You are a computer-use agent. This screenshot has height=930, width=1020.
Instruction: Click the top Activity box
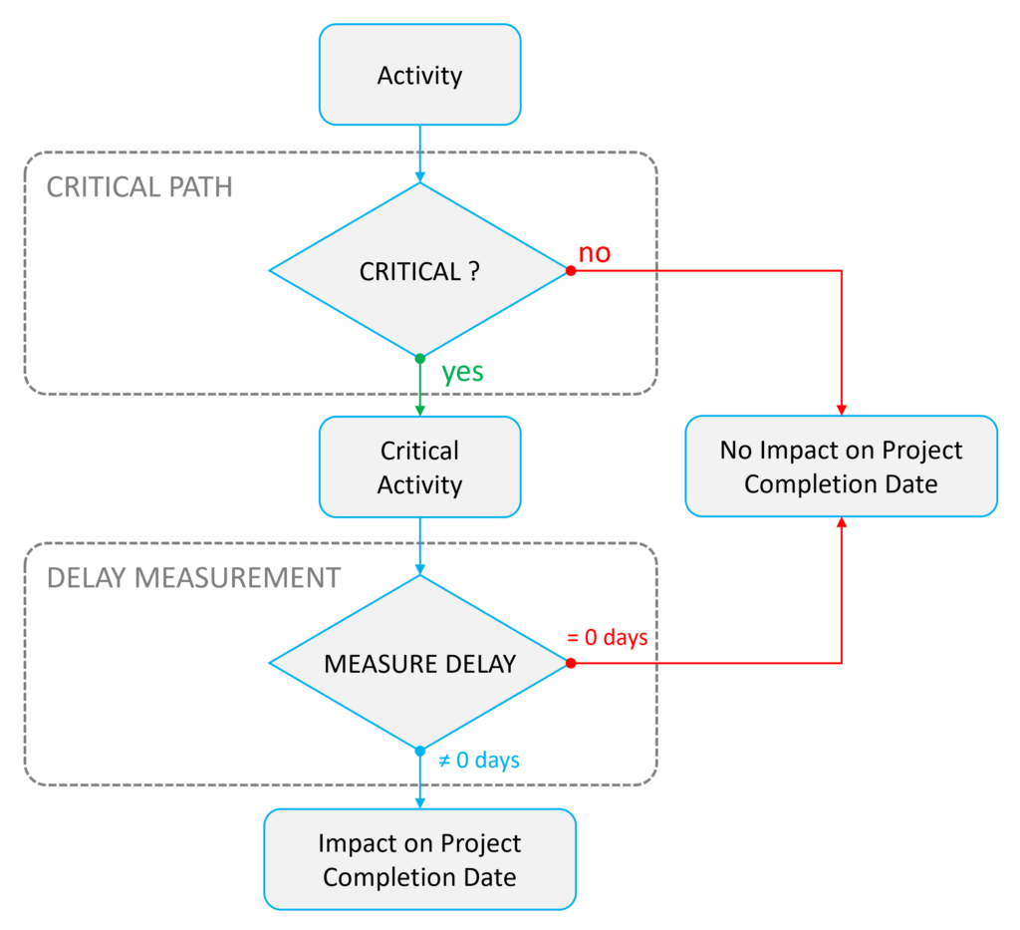[x=419, y=75]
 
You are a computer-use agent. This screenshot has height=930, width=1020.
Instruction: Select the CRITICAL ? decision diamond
[x=419, y=271]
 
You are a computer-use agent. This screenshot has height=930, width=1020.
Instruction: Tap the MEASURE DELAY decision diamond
[x=419, y=663]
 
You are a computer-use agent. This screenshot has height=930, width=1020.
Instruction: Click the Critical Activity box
[x=419, y=467]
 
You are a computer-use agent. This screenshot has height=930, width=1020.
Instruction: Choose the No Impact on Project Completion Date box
[x=841, y=466]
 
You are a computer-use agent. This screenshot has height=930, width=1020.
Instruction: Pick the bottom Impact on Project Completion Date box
[x=419, y=859]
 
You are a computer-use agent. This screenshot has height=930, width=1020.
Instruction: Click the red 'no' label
[x=595, y=253]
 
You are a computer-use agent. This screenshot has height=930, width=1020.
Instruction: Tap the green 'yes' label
[x=463, y=372]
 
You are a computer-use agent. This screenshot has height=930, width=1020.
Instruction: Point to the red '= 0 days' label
[x=608, y=637]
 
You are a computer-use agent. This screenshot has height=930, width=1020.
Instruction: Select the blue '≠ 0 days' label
[x=479, y=761]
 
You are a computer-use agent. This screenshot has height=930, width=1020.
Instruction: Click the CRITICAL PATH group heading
[x=139, y=186]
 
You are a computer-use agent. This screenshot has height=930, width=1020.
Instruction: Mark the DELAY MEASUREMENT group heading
[x=193, y=577]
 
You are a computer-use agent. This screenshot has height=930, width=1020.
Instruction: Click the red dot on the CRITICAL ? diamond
[x=571, y=270]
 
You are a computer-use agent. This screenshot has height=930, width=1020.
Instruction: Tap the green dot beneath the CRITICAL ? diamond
[x=419, y=358]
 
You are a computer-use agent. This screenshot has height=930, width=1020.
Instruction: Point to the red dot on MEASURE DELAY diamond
[x=571, y=663]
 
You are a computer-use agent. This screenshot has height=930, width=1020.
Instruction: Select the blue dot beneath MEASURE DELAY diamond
[x=419, y=751]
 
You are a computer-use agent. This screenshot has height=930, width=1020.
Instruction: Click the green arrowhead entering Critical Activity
[x=419, y=410]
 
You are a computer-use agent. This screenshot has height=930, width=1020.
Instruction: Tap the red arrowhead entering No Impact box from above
[x=842, y=410]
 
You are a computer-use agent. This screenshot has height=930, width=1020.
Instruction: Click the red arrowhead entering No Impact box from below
[x=842, y=523]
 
